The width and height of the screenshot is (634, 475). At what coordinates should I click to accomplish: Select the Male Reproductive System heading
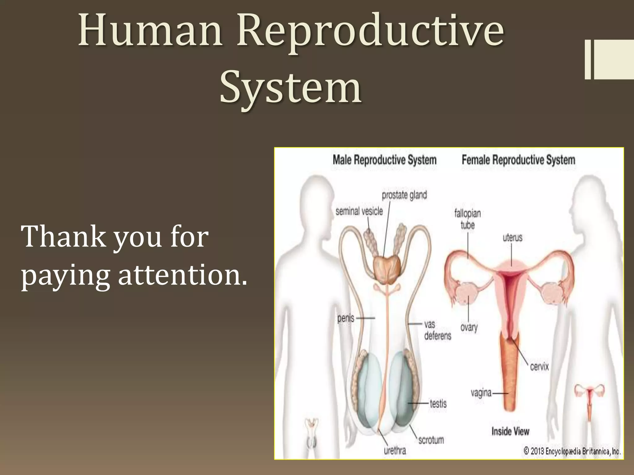pyautogui.click(x=384, y=160)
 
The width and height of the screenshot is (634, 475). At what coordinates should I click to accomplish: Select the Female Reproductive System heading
pyautogui.click(x=518, y=160)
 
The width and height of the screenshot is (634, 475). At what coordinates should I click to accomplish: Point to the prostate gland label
pyautogui.click(x=404, y=195)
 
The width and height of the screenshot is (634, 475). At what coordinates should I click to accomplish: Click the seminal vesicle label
pyautogui.click(x=359, y=211)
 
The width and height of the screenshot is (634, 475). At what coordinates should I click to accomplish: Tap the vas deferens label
pyautogui.click(x=437, y=330)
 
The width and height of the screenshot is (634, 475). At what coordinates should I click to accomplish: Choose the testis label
pyautogui.click(x=438, y=404)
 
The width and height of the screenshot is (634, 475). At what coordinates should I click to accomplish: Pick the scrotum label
pyautogui.click(x=431, y=440)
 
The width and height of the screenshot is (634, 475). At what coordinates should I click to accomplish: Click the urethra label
pyautogui.click(x=395, y=451)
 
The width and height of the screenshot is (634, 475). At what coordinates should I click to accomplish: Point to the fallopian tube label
pyautogui.click(x=467, y=219)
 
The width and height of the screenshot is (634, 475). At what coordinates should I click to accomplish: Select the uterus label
pyautogui.click(x=512, y=237)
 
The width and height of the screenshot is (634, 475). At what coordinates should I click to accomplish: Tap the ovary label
pyautogui.click(x=469, y=327)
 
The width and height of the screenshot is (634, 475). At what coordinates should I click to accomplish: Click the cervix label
pyautogui.click(x=539, y=367)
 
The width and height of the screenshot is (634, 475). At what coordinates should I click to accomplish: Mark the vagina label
pyautogui.click(x=481, y=393)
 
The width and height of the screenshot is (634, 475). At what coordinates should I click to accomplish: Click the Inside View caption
pyautogui.click(x=510, y=431)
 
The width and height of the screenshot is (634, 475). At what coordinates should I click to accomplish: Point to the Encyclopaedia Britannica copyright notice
pyautogui.click(x=572, y=451)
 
